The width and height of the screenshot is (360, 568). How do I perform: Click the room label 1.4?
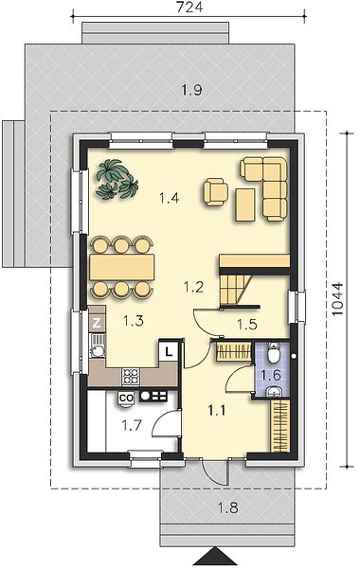tap(169, 198)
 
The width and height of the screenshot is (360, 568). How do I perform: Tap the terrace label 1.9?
tap(191, 90)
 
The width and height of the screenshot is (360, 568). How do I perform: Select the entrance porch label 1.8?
tap(228, 507)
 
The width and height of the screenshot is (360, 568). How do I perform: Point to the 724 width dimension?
tap(189, 7)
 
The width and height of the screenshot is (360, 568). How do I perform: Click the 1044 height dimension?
tap(337, 299)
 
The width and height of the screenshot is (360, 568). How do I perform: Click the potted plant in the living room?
tap(117, 179)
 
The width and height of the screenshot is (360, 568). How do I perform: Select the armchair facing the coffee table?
tap(216, 192)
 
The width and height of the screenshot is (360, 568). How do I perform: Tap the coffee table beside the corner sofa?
tap(245, 204)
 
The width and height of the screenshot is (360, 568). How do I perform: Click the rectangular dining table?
tap(122, 267)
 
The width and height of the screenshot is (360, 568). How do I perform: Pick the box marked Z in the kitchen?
tap(97, 323)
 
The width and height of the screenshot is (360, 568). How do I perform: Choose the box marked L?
tap(169, 351)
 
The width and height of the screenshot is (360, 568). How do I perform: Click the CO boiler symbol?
tap(127, 399)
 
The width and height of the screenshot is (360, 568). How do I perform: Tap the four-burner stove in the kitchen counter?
tap(131, 377)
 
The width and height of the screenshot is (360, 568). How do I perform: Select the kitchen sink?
tap(97, 346)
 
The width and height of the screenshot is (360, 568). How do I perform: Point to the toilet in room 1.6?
tap(274, 353)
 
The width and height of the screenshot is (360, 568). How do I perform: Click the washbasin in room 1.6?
tap(274, 390)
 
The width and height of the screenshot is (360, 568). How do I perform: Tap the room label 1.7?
tap(132, 425)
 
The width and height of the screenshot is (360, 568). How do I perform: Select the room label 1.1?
tap(216, 410)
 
